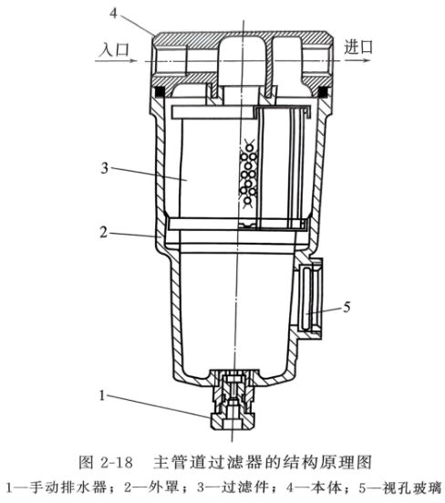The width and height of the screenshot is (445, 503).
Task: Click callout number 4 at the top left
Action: click(113, 13)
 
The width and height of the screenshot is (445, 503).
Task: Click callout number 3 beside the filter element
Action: click(105, 168)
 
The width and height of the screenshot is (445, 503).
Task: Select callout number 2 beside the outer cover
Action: click(103, 232)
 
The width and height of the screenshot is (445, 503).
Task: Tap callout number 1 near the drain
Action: click(102, 395)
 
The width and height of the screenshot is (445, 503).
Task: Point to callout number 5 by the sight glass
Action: click(347, 308)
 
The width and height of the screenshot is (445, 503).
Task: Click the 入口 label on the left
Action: click(114, 49)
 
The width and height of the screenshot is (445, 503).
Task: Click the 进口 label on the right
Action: click(358, 47)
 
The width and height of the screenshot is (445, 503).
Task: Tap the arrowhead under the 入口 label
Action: click(133, 61)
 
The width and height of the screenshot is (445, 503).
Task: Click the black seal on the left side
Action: click(159, 93)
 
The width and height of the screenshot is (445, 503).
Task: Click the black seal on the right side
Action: click(324, 93)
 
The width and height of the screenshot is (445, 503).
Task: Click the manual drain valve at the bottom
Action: click(233, 399)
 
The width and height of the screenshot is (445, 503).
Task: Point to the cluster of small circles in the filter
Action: click(248, 174)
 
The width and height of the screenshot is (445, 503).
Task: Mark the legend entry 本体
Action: click(326, 487)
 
